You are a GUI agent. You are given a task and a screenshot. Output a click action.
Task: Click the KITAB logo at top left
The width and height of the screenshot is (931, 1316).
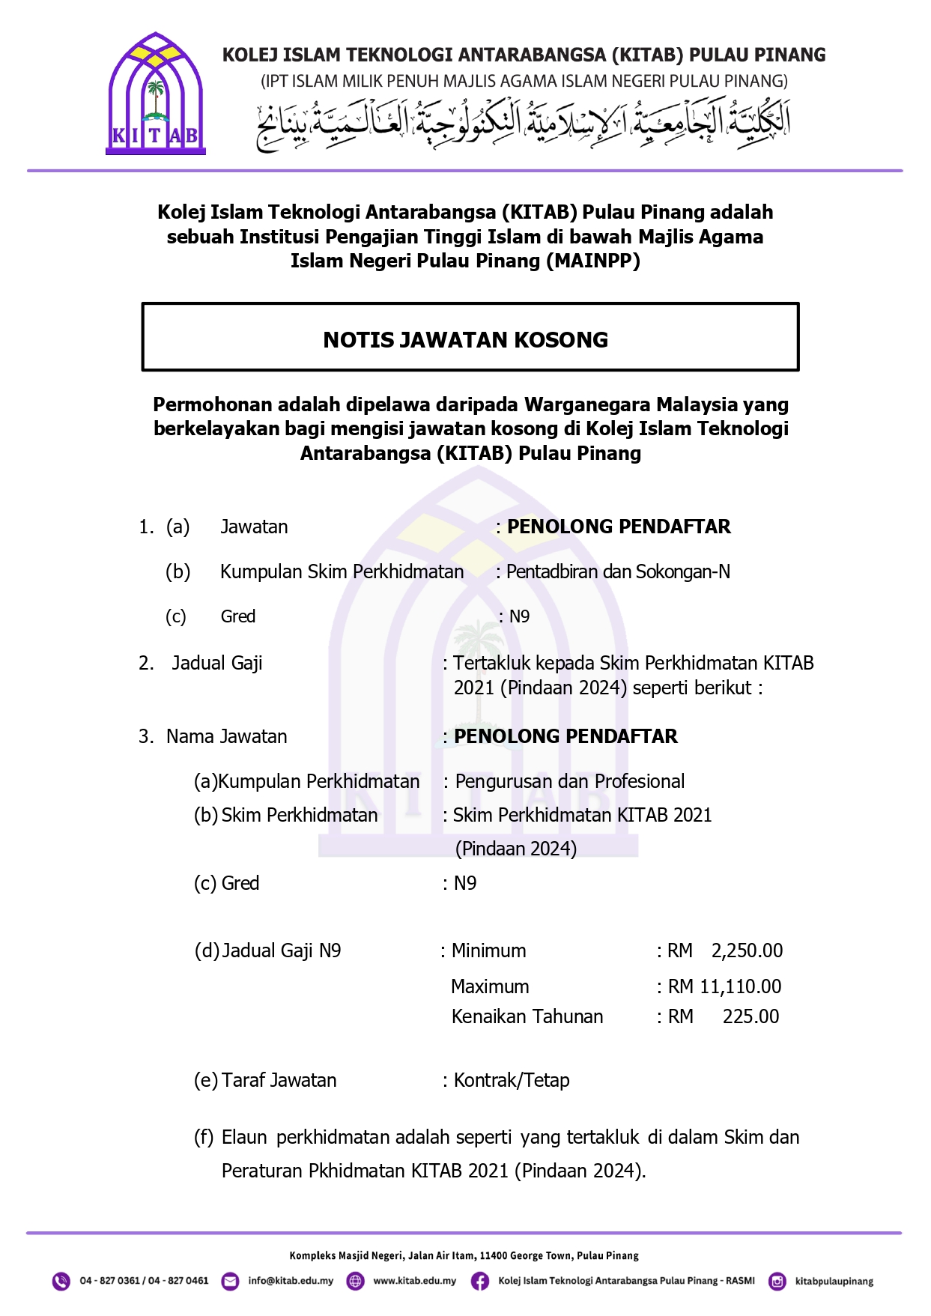(156, 94)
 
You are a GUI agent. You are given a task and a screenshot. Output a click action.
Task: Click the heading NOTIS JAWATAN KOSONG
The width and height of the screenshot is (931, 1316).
(465, 340)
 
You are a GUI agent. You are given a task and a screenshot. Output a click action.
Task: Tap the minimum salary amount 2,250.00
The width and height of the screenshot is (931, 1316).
(747, 950)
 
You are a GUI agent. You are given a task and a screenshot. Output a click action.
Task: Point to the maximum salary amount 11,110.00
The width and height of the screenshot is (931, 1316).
(740, 986)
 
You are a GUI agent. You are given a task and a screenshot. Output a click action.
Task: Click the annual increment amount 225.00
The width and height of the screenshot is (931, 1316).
(750, 1016)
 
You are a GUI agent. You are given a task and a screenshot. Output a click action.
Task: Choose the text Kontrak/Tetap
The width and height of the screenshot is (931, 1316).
(512, 1080)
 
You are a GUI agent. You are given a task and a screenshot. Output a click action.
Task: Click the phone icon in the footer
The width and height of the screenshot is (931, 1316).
(61, 1281)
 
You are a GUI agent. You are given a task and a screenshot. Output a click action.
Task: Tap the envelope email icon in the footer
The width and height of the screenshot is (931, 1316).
(231, 1281)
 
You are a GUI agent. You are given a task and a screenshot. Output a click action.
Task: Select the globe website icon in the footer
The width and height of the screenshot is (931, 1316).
(355, 1281)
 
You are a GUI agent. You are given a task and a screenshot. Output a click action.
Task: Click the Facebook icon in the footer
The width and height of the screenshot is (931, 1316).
(480, 1281)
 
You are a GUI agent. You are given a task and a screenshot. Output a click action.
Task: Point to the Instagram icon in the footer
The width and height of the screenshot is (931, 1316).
(777, 1281)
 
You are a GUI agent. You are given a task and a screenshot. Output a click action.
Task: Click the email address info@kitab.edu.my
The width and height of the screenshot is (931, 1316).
(291, 1281)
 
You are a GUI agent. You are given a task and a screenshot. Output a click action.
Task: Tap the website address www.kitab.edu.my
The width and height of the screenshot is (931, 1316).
(414, 1281)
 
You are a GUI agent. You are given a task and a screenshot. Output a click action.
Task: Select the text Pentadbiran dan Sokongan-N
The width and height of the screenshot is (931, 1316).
(618, 571)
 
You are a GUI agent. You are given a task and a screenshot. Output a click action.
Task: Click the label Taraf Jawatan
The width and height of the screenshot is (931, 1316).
(279, 1080)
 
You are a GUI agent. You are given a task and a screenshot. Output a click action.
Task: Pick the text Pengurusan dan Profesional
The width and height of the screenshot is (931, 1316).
(569, 781)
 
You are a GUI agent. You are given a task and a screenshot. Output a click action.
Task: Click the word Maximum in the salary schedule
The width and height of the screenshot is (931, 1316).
(490, 986)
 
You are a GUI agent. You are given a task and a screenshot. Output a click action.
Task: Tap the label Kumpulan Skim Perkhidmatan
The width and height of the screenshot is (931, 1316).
(342, 571)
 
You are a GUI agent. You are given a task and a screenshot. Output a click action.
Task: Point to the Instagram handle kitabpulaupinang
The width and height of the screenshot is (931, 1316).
(834, 1281)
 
